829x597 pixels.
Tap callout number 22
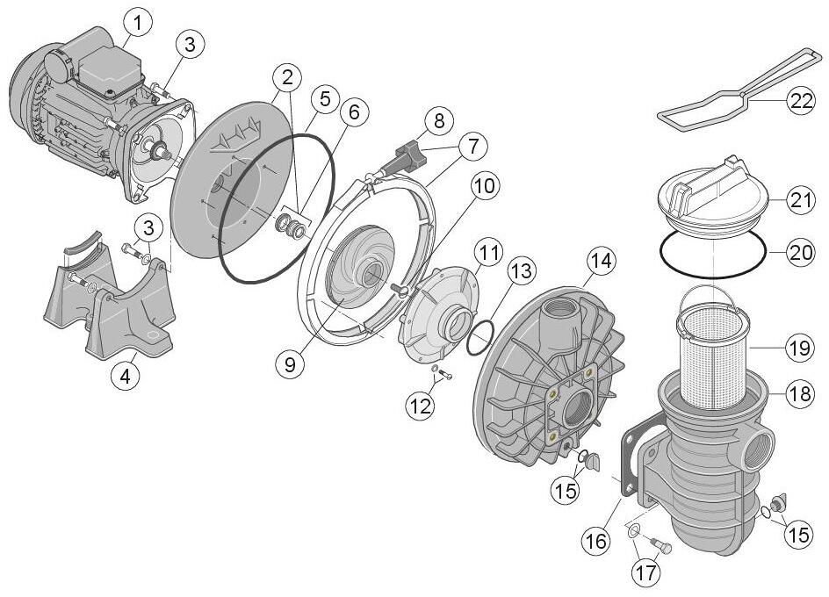(800, 102)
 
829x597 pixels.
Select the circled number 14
(602, 261)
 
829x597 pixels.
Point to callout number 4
(126, 377)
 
